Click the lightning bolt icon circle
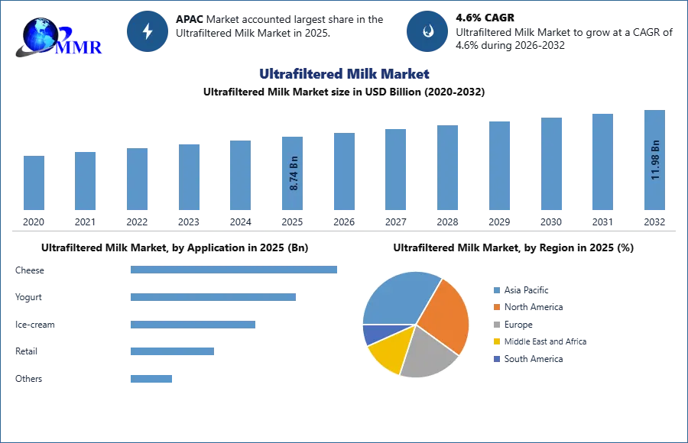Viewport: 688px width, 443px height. [148, 31]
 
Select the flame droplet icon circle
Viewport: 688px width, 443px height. [427, 31]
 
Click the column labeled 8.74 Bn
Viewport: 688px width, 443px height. [294, 174]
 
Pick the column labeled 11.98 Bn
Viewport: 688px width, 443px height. [654, 162]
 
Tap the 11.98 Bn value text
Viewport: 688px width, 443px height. [655, 159]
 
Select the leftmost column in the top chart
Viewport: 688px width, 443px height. [34, 183]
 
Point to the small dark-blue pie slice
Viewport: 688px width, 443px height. [373, 334]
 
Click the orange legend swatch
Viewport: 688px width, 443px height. [495, 306]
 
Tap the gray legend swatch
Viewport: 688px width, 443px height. [495, 324]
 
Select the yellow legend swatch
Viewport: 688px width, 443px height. [495, 341]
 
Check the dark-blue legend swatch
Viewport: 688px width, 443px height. [495, 359]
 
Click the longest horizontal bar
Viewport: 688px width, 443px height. [235, 269]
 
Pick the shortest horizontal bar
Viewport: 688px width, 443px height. [152, 378]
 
